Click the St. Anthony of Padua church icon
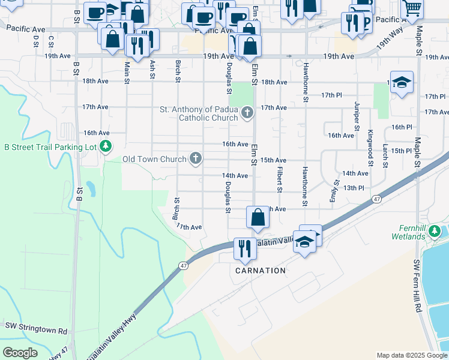[247, 113]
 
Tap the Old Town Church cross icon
[195, 158]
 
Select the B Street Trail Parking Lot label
[50, 146]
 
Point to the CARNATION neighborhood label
[260, 271]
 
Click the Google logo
[20, 353]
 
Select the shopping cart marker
[412, 8]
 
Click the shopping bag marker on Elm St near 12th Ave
[258, 217]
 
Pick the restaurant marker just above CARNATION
[244, 247]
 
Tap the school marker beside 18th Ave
[402, 82]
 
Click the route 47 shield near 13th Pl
[376, 199]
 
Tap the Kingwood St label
[370, 144]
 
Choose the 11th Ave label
[189, 227]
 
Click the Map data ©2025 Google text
[411, 355]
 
